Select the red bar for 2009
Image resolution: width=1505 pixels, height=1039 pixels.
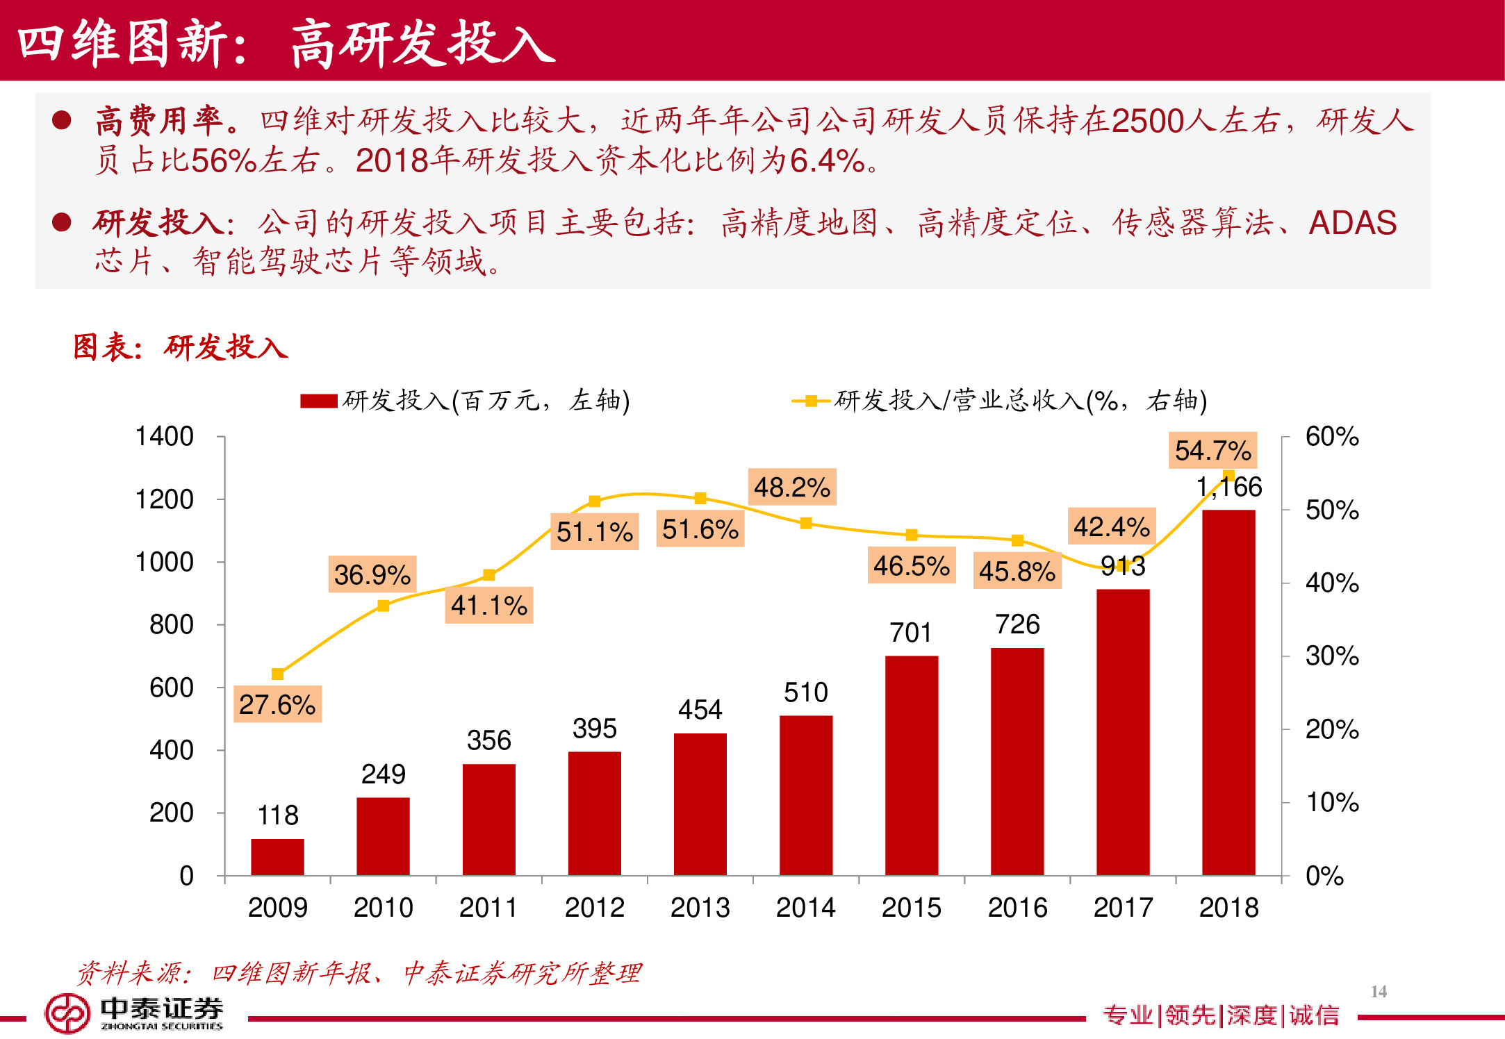(x=277, y=857)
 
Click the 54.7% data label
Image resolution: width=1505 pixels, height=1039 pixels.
(x=1213, y=450)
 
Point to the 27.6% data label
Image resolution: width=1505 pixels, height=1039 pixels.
(x=277, y=704)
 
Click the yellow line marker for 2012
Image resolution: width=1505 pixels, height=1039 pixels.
(x=594, y=501)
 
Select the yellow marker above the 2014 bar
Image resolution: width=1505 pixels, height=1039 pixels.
(x=806, y=523)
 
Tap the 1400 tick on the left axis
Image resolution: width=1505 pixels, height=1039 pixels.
(x=164, y=436)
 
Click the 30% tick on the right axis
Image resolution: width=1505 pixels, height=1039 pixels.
(x=1331, y=656)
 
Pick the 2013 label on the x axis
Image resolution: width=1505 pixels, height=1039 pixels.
(x=700, y=907)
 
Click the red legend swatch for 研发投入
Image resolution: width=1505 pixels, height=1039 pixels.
(x=318, y=401)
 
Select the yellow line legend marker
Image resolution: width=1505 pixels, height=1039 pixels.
(x=810, y=401)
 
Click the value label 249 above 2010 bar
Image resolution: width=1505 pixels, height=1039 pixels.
(x=383, y=774)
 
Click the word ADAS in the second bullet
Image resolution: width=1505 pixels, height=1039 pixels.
(x=1352, y=222)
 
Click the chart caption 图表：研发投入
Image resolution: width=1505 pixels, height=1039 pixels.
(x=181, y=347)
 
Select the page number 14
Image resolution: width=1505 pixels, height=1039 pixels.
(x=1379, y=991)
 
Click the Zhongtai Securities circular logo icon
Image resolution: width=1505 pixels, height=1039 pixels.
(x=67, y=1013)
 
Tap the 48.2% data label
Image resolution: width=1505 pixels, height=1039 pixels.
(x=792, y=487)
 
